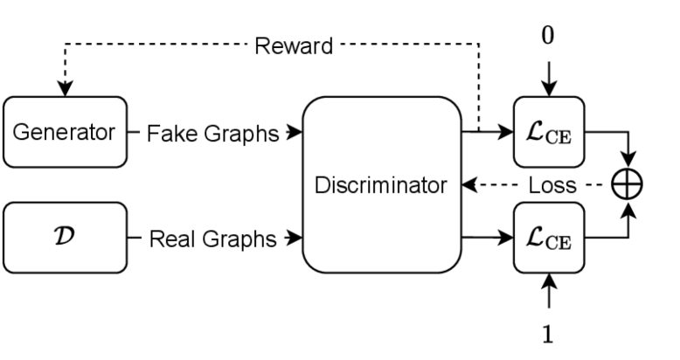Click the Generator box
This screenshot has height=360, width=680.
point(65,133)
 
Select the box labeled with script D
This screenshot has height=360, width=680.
point(65,237)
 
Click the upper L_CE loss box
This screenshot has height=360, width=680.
point(549,133)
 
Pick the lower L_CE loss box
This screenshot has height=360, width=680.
point(549,237)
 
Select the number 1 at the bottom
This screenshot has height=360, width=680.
point(549,335)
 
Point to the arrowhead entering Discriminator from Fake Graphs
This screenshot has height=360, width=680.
point(296,134)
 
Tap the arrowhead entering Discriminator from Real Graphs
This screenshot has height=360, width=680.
point(296,237)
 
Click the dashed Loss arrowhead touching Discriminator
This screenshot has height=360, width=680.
point(468,185)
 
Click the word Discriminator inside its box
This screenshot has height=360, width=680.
point(382,185)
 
